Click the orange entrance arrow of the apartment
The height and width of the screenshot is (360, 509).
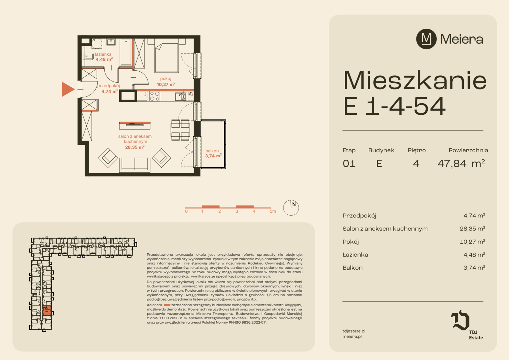pos(68,89)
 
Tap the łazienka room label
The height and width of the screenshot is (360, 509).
pos(103,54)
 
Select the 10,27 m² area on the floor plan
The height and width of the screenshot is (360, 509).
pos(166,84)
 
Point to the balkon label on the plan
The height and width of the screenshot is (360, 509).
pos(212,151)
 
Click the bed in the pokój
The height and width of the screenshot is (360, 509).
pos(166,58)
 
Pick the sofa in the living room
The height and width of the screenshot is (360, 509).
pos(135,164)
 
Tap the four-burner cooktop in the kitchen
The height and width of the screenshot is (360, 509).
pos(155,96)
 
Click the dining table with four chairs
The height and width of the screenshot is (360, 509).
pos(181,130)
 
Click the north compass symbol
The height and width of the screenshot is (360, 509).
pos(291,208)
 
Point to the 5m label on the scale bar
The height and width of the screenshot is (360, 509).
pos(273,211)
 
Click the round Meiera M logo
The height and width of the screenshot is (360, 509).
pos(426,39)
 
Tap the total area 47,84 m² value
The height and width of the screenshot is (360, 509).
pos(461,163)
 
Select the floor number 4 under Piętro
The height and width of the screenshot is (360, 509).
pos(416,164)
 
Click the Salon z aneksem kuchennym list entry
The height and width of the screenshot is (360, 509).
pos(385,229)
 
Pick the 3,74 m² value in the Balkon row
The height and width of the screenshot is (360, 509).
pos(474,268)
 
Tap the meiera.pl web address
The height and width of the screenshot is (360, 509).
pos(352,336)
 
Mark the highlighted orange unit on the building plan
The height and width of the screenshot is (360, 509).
pos(47,311)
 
